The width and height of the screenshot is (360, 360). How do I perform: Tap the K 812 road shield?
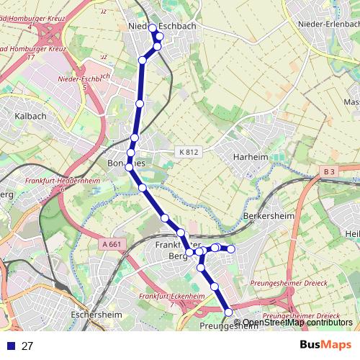coord(186,152)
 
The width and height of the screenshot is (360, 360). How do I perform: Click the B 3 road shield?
coord(329,171)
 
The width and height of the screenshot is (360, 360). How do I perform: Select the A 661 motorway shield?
coord(112,244)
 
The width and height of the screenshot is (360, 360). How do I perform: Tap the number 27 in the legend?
coord(27,346)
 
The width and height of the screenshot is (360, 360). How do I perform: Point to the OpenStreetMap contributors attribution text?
coord(297,322)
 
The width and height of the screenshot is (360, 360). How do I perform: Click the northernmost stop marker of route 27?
coord(152,28)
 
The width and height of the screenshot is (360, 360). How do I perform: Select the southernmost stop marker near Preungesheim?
coord(229,312)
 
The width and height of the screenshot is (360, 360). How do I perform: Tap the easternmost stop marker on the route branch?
coord(231,249)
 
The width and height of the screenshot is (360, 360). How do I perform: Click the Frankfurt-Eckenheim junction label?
coord(167,297)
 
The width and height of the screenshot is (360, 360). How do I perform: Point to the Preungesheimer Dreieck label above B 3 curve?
coord(285,284)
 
